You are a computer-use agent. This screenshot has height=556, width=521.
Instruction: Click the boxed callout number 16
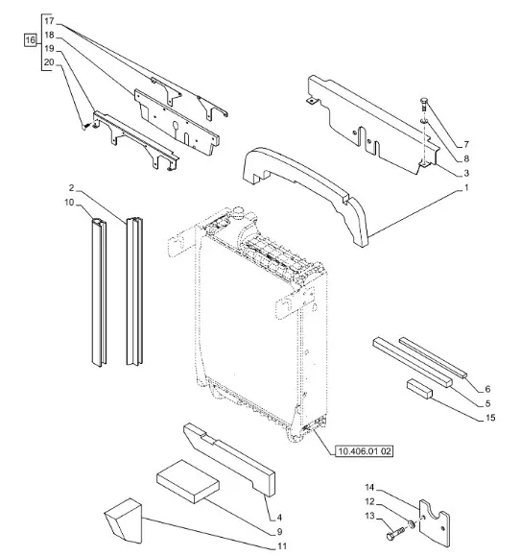click(x=30, y=39)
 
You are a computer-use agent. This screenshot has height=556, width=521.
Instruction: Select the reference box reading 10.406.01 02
click(x=365, y=451)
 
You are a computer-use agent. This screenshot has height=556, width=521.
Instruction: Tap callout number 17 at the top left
click(x=49, y=21)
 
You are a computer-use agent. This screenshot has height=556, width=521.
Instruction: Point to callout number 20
click(x=49, y=62)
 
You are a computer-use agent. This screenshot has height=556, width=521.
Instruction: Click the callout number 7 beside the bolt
click(x=466, y=144)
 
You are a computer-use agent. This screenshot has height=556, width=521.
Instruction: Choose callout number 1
click(x=466, y=187)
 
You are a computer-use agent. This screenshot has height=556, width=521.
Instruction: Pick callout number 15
click(x=490, y=418)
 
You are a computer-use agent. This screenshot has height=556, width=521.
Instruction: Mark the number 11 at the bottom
click(x=282, y=546)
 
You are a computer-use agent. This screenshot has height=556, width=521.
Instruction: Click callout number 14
click(x=369, y=487)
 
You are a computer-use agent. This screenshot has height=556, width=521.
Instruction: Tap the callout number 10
click(x=69, y=202)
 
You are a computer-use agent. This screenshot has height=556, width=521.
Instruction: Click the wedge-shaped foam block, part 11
click(x=124, y=520)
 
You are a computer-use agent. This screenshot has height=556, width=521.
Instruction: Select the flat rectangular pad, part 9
click(x=188, y=481)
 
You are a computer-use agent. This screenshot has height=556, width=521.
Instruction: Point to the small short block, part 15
click(x=420, y=389)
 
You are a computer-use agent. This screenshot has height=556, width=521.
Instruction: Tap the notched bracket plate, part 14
click(x=435, y=524)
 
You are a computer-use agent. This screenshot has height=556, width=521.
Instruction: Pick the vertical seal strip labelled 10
click(x=99, y=292)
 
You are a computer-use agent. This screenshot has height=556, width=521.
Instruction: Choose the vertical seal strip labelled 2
click(x=135, y=291)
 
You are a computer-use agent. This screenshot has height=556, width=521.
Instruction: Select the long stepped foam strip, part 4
click(x=229, y=459)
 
